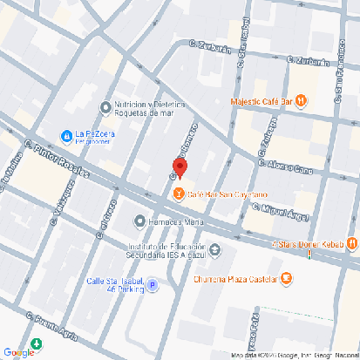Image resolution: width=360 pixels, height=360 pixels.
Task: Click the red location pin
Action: [179, 167]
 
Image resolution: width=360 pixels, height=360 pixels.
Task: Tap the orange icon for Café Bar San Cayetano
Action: [179, 194]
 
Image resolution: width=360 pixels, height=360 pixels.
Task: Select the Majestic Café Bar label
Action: [261, 101]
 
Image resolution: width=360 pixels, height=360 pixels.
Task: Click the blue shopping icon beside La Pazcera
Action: [65, 135]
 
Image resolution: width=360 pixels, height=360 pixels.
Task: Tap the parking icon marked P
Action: [153, 285]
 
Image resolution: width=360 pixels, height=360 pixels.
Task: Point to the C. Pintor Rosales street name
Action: [58, 156]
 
